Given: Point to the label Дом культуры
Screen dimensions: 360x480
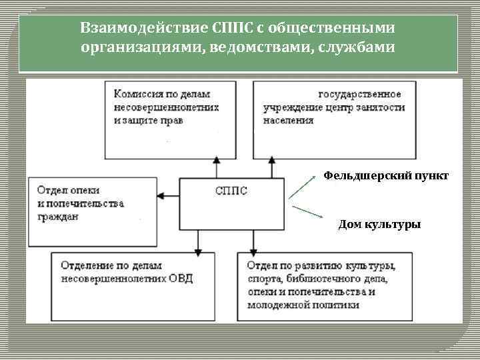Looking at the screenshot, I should [379, 225].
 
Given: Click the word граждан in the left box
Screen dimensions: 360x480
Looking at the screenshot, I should [58, 217].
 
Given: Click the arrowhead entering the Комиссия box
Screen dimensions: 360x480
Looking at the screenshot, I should [215, 160].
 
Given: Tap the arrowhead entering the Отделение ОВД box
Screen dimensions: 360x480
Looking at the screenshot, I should [198, 251].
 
